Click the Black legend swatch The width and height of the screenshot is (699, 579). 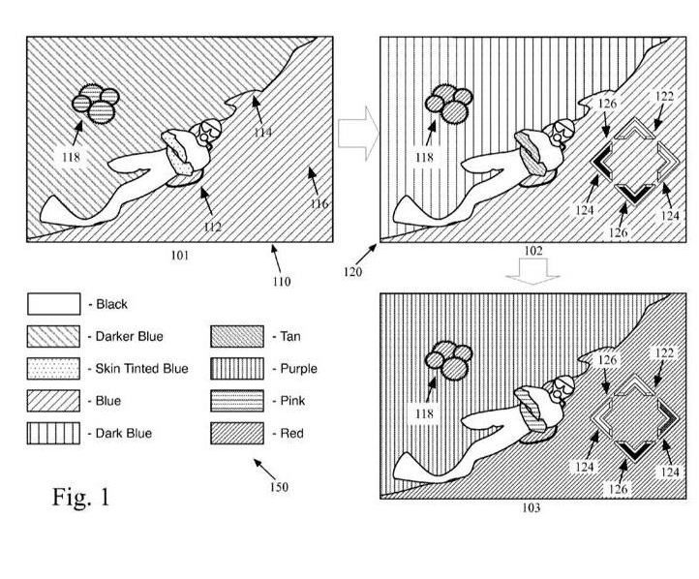click(54, 304)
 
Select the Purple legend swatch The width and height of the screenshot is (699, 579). click(237, 369)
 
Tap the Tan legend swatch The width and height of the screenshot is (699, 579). click(237, 337)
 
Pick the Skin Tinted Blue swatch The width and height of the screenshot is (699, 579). click(53, 369)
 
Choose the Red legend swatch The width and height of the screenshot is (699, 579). click(237, 433)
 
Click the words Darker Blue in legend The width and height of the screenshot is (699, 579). click(130, 336)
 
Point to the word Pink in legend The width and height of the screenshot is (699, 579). click(292, 401)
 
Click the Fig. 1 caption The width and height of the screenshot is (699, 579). click(80, 497)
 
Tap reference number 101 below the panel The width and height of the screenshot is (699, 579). click(180, 256)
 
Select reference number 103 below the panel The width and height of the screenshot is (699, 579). click(531, 507)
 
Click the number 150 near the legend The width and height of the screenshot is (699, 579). click(279, 487)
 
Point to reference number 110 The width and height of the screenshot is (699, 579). click(282, 282)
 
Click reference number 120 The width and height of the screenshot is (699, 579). click(352, 272)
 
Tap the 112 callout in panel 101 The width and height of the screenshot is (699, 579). click(213, 227)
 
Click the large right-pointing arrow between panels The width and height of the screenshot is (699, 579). click(358, 134)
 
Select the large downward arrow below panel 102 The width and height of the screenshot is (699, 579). click(532, 271)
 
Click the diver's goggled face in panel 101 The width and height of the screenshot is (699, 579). click(207, 131)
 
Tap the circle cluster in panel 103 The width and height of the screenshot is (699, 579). click(448, 360)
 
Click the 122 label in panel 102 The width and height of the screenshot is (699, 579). click(664, 96)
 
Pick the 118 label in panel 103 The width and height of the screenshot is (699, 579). click(424, 413)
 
